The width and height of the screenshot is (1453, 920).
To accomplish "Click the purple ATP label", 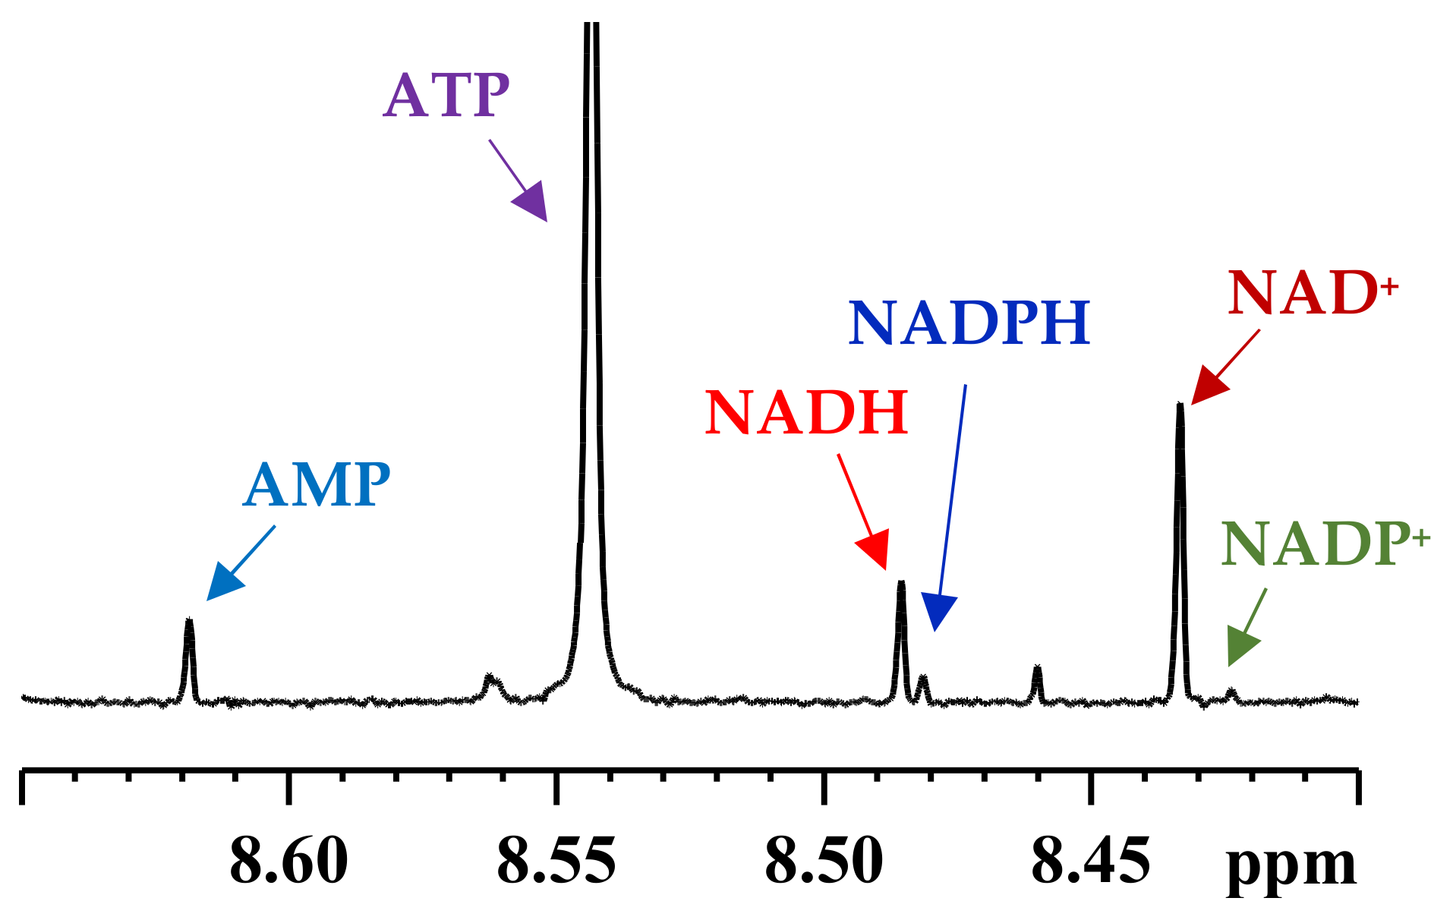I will (446, 96).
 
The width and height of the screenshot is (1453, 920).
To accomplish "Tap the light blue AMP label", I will (317, 485).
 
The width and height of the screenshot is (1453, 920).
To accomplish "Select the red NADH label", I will (806, 413).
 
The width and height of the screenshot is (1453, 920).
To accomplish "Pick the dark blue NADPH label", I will (969, 323).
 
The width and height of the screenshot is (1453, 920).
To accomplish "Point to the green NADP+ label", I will (1325, 544).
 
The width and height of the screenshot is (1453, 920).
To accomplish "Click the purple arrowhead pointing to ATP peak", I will (532, 203).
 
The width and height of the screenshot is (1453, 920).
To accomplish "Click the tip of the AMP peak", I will (189, 622).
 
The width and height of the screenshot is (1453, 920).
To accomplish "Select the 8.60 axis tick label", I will (288, 862).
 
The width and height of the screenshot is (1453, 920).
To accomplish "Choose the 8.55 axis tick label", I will (556, 862).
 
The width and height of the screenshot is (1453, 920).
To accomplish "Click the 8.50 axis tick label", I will (824, 862).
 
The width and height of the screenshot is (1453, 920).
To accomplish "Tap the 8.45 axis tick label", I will (1091, 862).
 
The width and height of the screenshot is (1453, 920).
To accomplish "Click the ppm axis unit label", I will (1291, 865).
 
